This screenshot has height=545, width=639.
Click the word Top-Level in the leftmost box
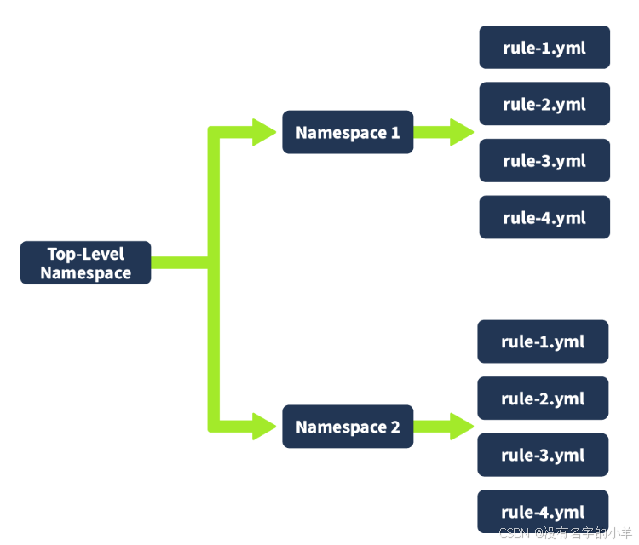point(85,254)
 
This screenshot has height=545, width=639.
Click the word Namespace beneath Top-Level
point(85,273)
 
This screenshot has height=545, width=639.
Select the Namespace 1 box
point(348,132)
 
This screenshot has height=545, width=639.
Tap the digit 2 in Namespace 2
point(394,427)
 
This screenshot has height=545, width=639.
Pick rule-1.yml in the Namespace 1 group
point(544,47)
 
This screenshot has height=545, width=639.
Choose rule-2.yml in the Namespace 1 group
point(544,104)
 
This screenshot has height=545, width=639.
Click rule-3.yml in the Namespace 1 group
point(544,160)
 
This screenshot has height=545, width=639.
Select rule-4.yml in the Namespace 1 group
point(544,217)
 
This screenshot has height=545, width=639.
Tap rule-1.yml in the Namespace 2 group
point(543,341)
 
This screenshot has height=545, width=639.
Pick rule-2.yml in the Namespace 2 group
point(543,399)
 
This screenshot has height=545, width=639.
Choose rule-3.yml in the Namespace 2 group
point(543,455)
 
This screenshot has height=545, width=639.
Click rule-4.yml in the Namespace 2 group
point(543,512)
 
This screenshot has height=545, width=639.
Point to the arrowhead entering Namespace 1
point(263,132)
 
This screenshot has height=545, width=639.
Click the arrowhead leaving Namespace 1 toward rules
point(461,132)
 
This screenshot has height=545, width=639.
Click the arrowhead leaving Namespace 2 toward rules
point(461,426)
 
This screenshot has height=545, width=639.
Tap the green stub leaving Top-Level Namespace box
point(179,262)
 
